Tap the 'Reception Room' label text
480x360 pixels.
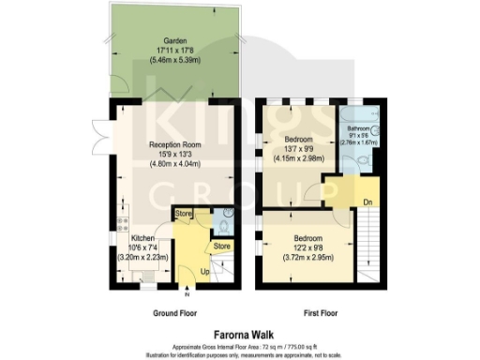click(172, 145)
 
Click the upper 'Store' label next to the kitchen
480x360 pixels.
click(184, 215)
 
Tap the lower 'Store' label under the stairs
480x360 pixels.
click(220, 246)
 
